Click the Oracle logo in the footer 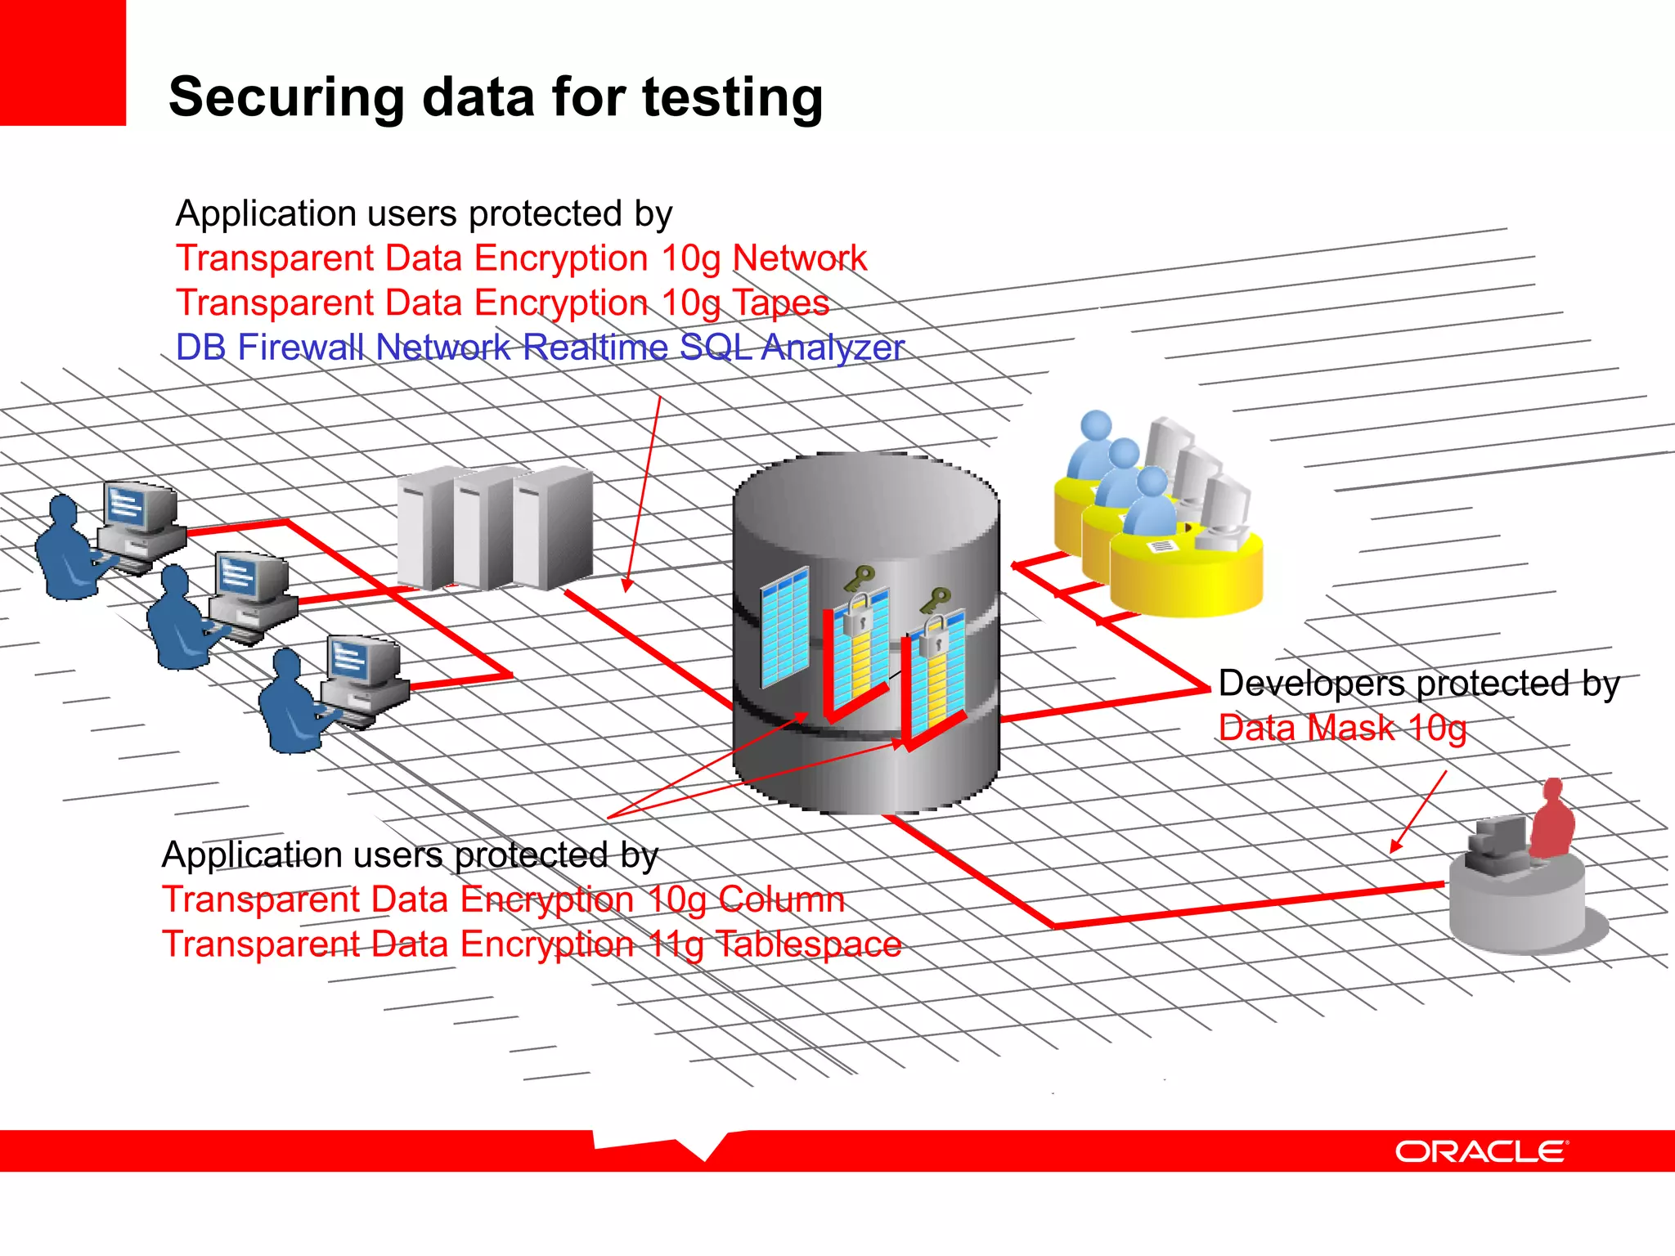(x=1481, y=1151)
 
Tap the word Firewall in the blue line (x=300, y=348)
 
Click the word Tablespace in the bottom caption (x=808, y=944)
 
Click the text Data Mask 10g (x=1342, y=728)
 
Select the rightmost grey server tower (x=553, y=527)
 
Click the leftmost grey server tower (x=425, y=527)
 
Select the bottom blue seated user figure (x=290, y=704)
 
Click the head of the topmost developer (x=1096, y=426)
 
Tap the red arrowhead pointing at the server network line (x=626, y=585)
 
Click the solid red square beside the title (x=62, y=62)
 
